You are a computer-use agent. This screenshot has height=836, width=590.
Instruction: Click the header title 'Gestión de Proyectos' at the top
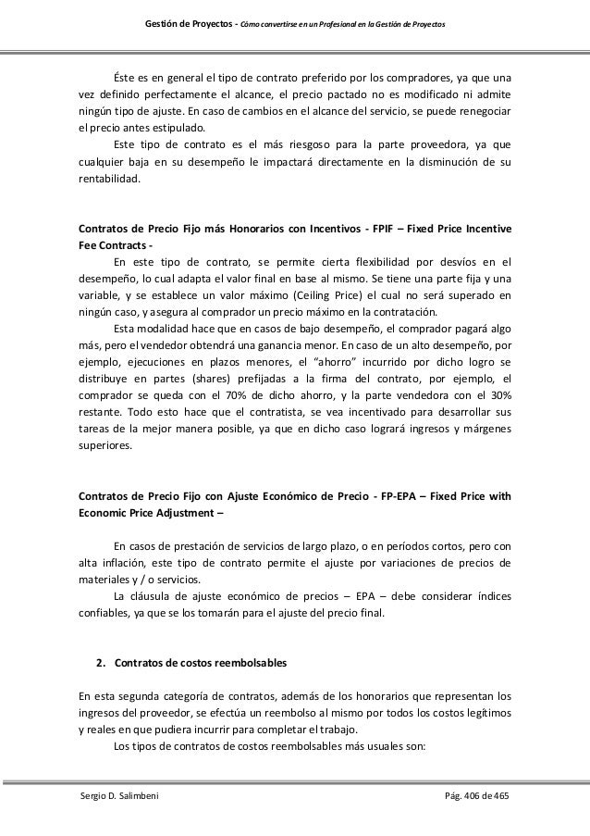pos(189,21)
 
